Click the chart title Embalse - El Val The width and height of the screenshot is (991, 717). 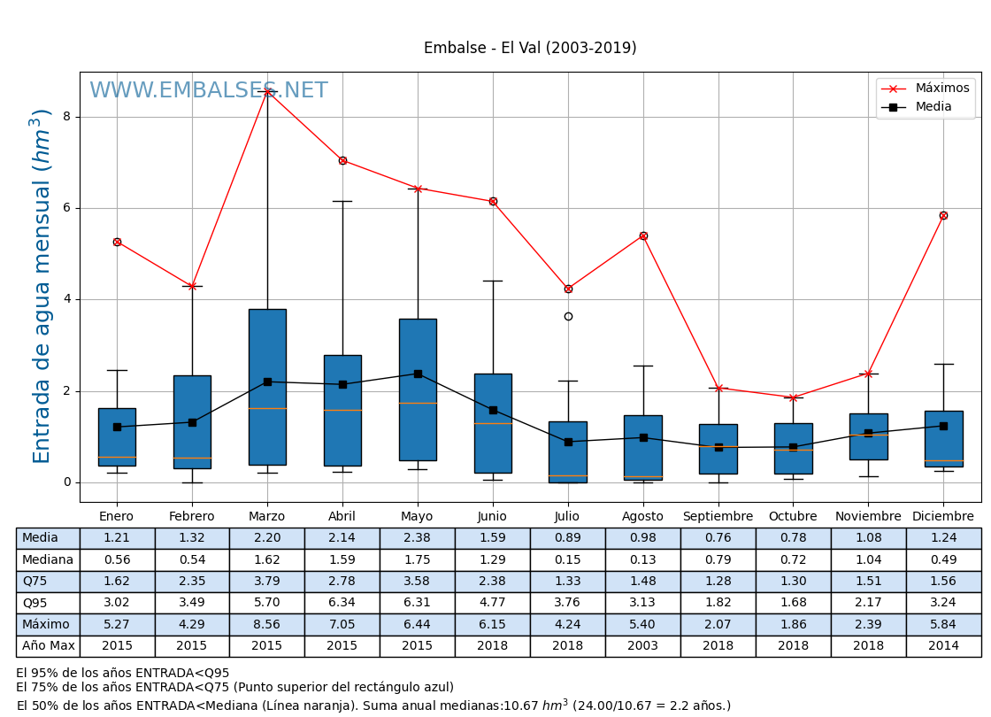[x=530, y=49]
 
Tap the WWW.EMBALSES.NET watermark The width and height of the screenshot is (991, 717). [x=208, y=91]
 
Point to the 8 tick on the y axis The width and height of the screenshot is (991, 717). [x=66, y=117]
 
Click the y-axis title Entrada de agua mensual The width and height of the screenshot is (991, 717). [x=42, y=286]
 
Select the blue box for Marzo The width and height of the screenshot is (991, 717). [x=267, y=387]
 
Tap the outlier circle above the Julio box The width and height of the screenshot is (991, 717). [x=568, y=316]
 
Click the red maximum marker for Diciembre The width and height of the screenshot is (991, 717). [x=943, y=215]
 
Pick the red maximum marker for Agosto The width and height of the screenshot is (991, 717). [x=643, y=235]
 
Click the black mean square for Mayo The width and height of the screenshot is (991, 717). [x=418, y=374]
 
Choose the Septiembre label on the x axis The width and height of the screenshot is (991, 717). [x=718, y=517]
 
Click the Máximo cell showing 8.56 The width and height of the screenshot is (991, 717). [x=266, y=624]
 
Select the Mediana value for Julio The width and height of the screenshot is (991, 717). [x=567, y=559]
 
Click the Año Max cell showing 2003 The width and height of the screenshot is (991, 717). [x=642, y=646]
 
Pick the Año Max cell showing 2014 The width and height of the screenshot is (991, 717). [x=943, y=646]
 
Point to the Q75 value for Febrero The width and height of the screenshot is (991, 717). [x=192, y=582]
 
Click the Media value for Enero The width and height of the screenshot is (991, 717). [x=117, y=538]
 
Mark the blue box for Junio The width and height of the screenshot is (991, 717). [x=493, y=423]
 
